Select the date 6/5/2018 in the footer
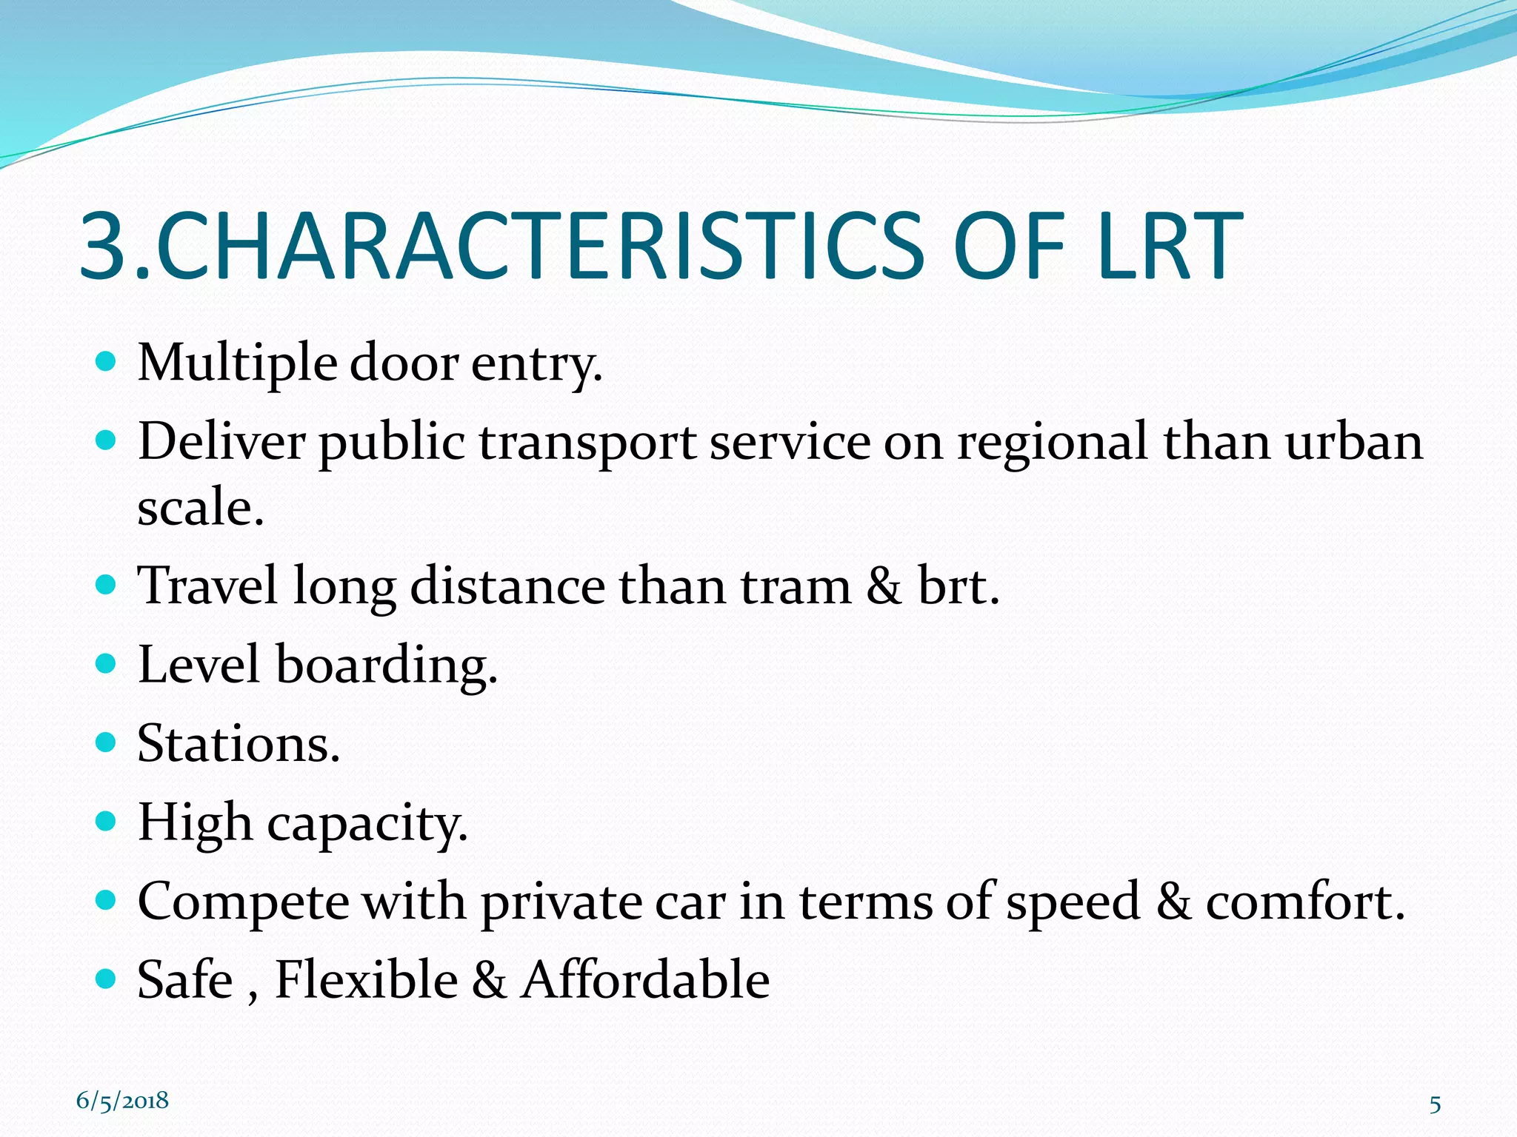(x=122, y=1101)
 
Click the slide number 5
(x=1435, y=1105)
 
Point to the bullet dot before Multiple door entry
(x=107, y=362)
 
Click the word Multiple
(x=237, y=364)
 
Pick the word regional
(x=1053, y=443)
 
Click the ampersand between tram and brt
(x=884, y=586)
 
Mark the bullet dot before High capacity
(x=107, y=821)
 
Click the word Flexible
(x=367, y=980)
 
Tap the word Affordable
(x=644, y=980)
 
